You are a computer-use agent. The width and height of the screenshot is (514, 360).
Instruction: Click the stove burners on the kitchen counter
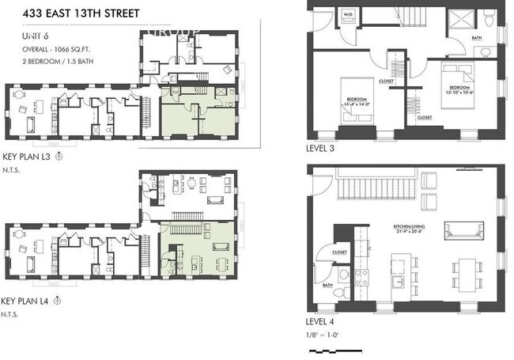pyautogui.click(x=360, y=277)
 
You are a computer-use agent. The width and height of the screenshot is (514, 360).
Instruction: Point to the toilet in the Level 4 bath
pyautogui.click(x=336, y=293)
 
